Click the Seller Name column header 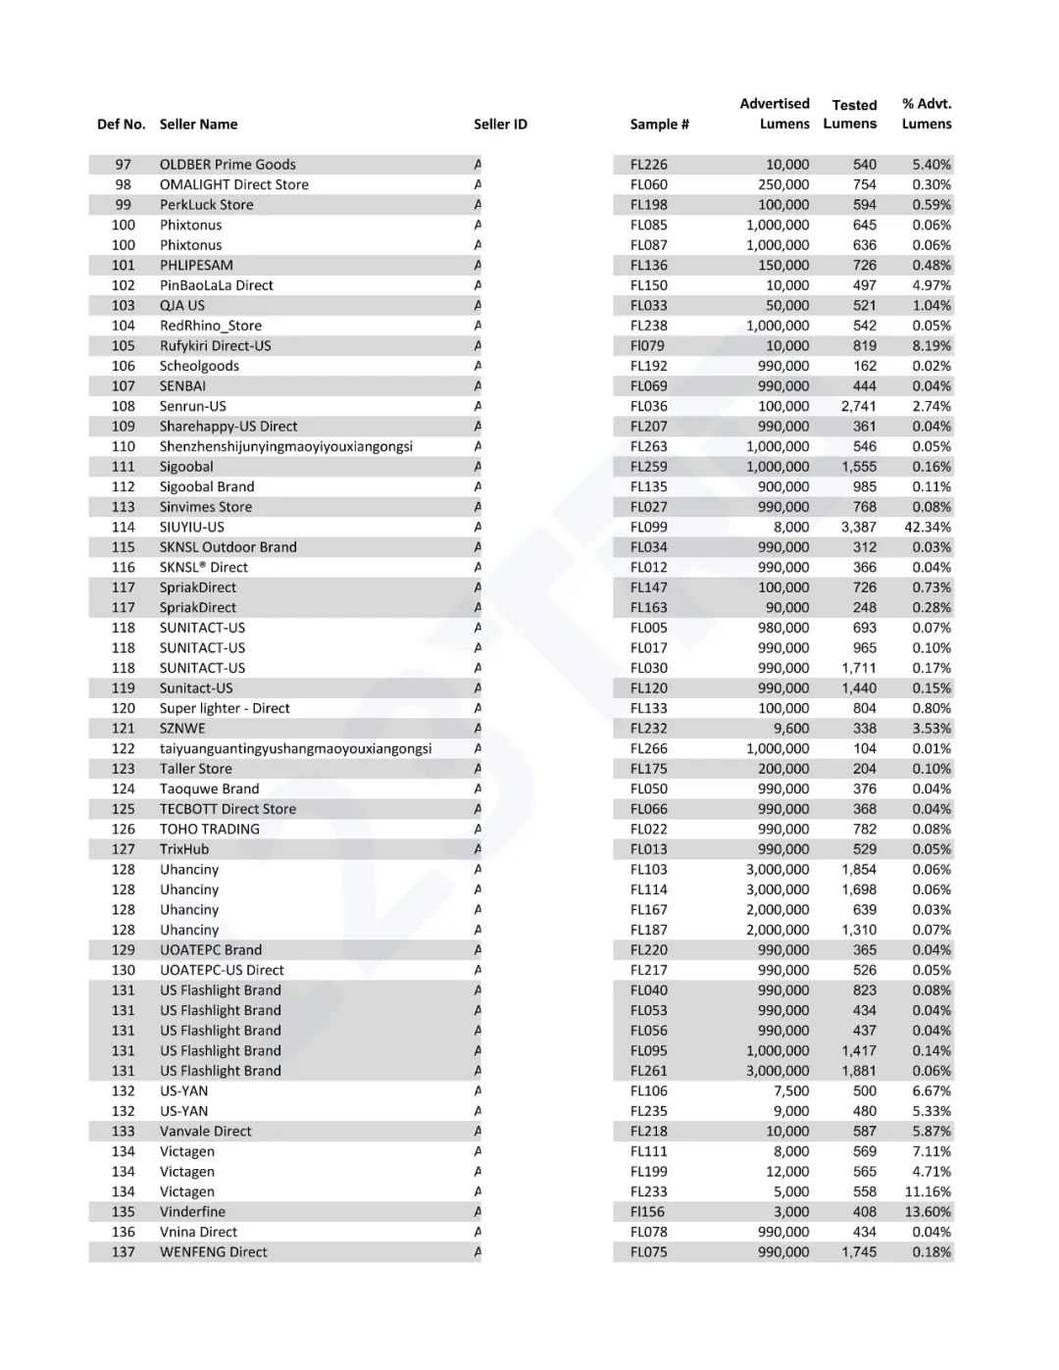pyautogui.click(x=198, y=125)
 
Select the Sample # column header pyautogui.click(x=659, y=125)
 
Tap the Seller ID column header pyautogui.click(x=500, y=125)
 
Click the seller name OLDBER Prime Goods pyautogui.click(x=227, y=165)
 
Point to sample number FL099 pyautogui.click(x=648, y=528)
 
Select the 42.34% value pyautogui.click(x=928, y=528)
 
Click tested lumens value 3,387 pyautogui.click(x=859, y=528)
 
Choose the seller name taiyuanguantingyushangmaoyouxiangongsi pyautogui.click(x=295, y=749)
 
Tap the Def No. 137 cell pyautogui.click(x=123, y=1252)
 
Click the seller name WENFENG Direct pyautogui.click(x=213, y=1252)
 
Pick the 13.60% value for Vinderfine pyautogui.click(x=928, y=1212)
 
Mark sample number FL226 pyautogui.click(x=648, y=165)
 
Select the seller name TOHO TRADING pyautogui.click(x=210, y=830)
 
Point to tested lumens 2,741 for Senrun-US pyautogui.click(x=859, y=406)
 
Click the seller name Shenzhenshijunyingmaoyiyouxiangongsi pyautogui.click(x=286, y=447)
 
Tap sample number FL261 pyautogui.click(x=648, y=1071)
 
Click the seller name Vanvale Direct pyautogui.click(x=205, y=1132)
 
